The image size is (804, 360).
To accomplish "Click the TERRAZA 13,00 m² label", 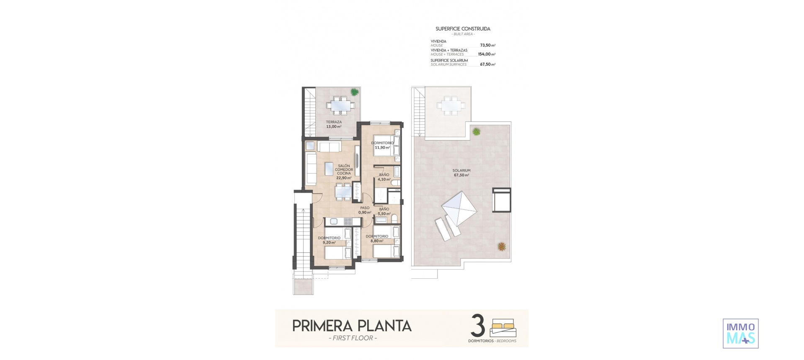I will [334, 124].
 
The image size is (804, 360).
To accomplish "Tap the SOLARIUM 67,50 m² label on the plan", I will [461, 173].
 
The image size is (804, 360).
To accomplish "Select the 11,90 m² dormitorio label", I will [382, 145].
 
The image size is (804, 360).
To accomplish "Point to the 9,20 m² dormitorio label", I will [329, 240].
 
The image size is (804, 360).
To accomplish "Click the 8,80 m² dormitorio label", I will [376, 239].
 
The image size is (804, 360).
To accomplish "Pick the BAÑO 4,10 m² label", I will [384, 177].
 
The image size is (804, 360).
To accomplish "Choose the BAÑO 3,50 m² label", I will [384, 211].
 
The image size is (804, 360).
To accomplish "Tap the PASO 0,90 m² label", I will [365, 210].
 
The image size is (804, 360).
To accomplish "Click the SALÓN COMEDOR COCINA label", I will [344, 172].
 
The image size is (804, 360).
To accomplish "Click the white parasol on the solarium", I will [460, 207].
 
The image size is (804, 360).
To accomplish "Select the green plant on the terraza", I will [355, 92].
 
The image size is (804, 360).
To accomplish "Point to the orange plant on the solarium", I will [501, 247].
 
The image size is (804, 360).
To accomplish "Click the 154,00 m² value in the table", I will [486, 54].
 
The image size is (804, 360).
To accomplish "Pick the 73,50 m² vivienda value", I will [487, 45].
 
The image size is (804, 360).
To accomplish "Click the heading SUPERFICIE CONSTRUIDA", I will [463, 29].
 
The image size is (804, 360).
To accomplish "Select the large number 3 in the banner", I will [478, 326].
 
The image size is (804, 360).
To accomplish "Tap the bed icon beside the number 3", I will [503, 328].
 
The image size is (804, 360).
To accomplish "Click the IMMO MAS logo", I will [740, 333].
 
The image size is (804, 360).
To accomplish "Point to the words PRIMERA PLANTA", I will [352, 326].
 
